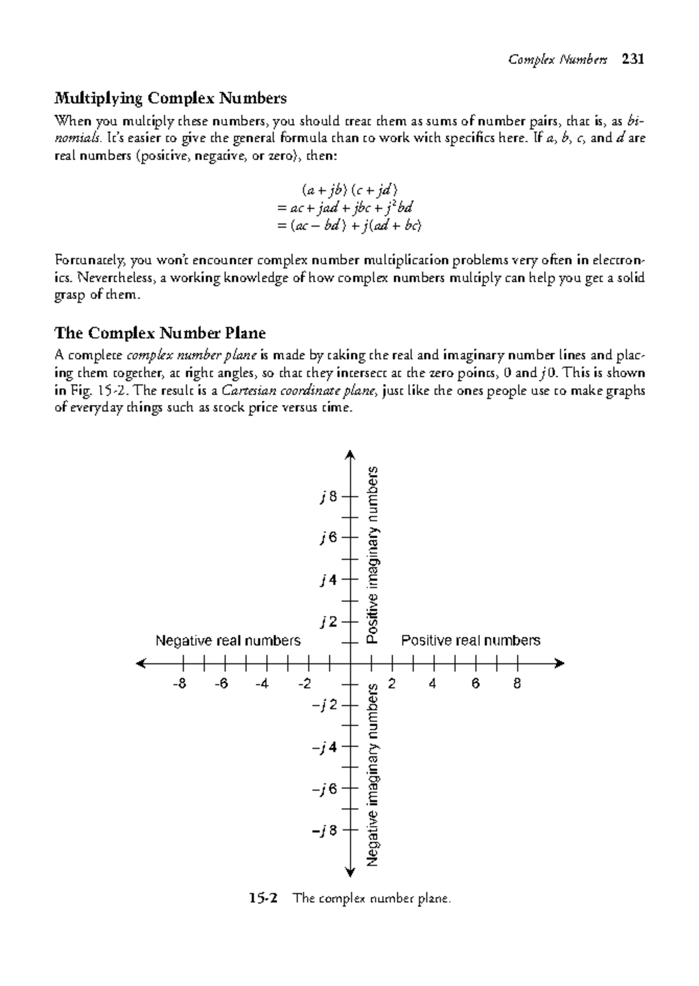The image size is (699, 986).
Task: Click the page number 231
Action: pyautogui.click(x=633, y=59)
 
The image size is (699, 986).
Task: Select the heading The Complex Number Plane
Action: pyautogui.click(x=160, y=333)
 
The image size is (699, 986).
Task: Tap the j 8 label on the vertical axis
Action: pyautogui.click(x=329, y=497)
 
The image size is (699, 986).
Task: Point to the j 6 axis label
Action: pyautogui.click(x=329, y=538)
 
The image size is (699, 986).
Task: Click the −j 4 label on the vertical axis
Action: pyautogui.click(x=324, y=747)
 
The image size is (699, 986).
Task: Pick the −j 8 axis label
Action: pyautogui.click(x=324, y=830)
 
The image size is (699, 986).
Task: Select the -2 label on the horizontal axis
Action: pyautogui.click(x=304, y=684)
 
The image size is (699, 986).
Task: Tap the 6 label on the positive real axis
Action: pyautogui.click(x=475, y=684)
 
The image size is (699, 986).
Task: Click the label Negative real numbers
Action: pyautogui.click(x=228, y=641)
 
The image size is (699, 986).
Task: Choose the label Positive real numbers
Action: pyautogui.click(x=471, y=641)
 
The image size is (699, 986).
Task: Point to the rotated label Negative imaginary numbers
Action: pyautogui.click(x=373, y=775)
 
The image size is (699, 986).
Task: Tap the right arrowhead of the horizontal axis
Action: pyautogui.click(x=560, y=663)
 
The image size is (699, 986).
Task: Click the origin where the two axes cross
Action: pyautogui.click(x=350, y=663)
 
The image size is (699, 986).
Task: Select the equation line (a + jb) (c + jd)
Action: pyautogui.click(x=349, y=189)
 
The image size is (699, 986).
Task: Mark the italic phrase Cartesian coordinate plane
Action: pyautogui.click(x=298, y=391)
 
